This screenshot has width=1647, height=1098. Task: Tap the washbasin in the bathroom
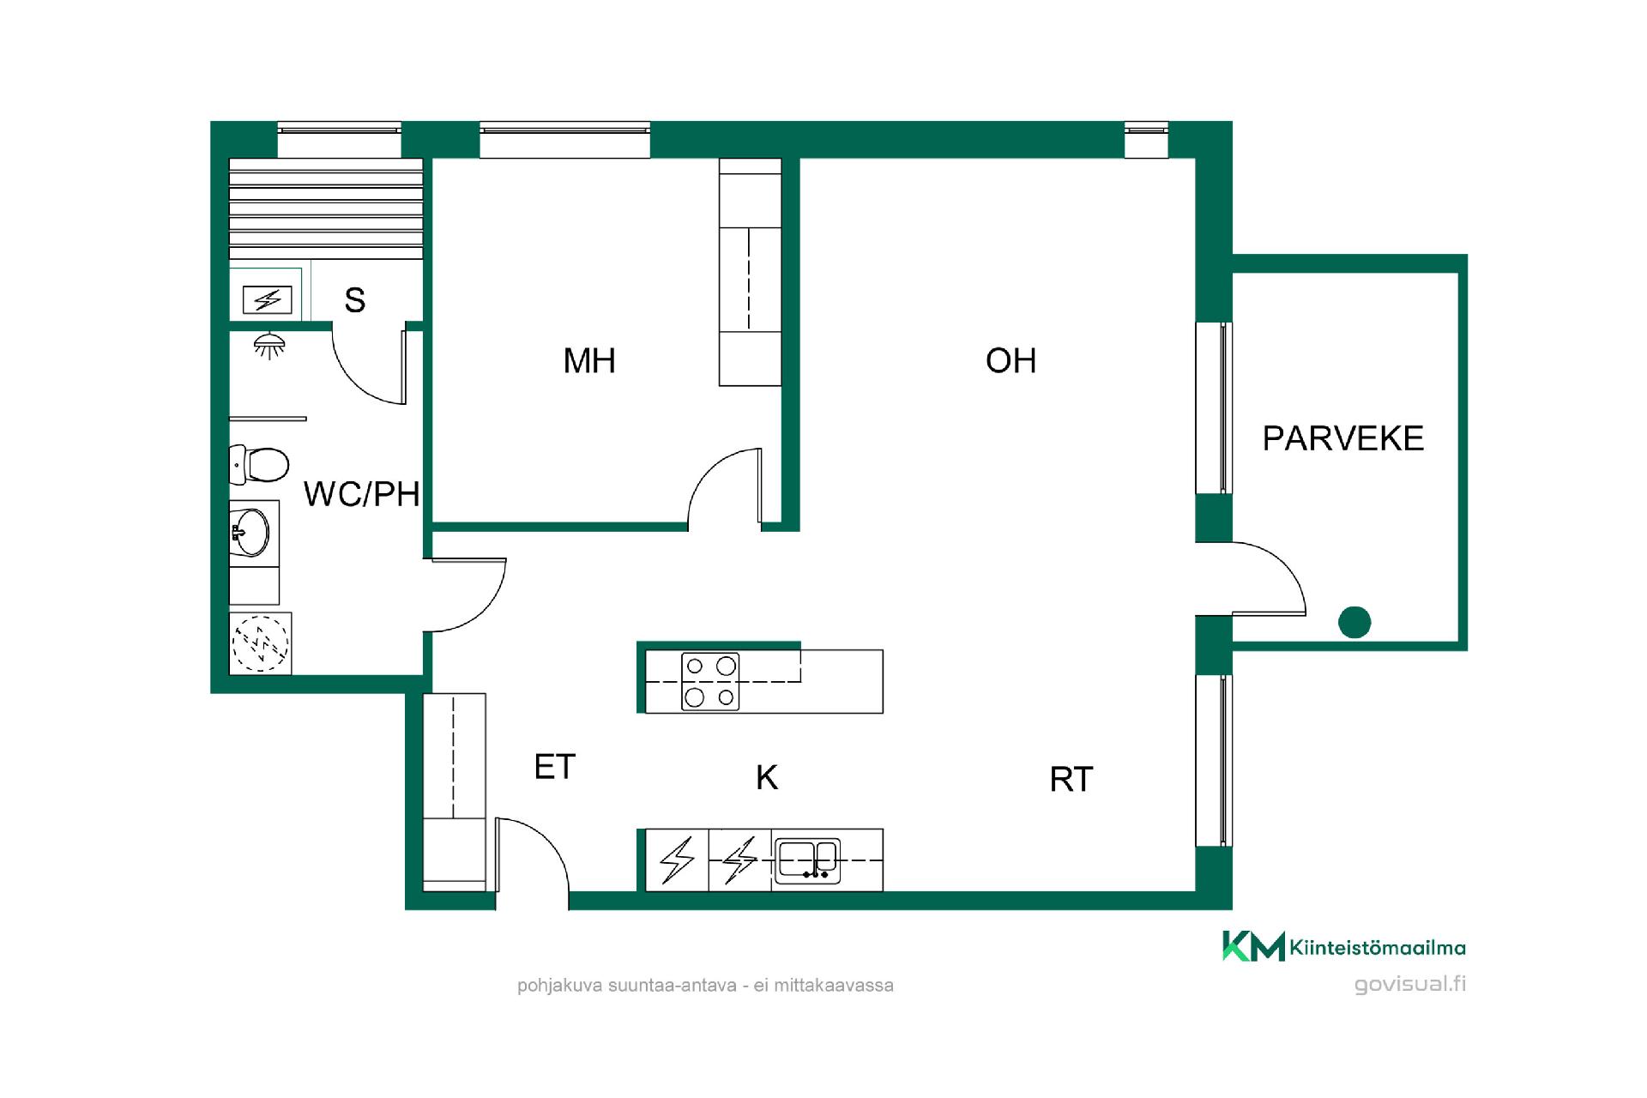[251, 532]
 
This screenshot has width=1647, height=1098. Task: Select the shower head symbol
[269, 346]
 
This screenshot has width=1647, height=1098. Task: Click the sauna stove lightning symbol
[268, 300]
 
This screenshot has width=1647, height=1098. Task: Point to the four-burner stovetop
[710, 681]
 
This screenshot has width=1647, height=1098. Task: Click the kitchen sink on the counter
[806, 860]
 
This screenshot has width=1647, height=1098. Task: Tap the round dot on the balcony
[1354, 622]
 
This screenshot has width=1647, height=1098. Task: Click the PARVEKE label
[1342, 438]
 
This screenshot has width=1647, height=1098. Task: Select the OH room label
[1011, 361]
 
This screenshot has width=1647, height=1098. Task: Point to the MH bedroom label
[589, 361]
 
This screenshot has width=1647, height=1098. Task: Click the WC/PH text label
[361, 494]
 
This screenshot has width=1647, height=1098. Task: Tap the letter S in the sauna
[355, 300]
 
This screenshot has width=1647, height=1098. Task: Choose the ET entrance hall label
[554, 767]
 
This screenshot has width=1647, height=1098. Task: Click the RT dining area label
[1071, 780]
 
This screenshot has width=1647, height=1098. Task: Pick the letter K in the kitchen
[767, 777]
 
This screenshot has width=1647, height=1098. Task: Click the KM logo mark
[1253, 946]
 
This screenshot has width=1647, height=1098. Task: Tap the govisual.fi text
[1410, 984]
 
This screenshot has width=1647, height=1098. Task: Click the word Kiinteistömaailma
[1378, 948]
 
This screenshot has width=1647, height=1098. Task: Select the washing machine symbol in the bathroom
[261, 643]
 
